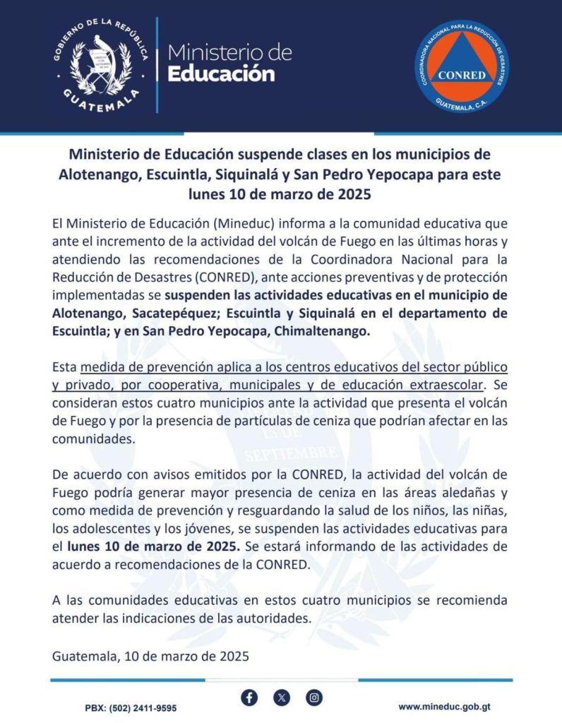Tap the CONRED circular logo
[461, 66]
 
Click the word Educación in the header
[220, 73]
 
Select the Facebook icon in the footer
[249, 698]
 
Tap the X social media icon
[282, 698]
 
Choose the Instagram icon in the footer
[314, 698]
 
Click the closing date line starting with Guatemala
[151, 656]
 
